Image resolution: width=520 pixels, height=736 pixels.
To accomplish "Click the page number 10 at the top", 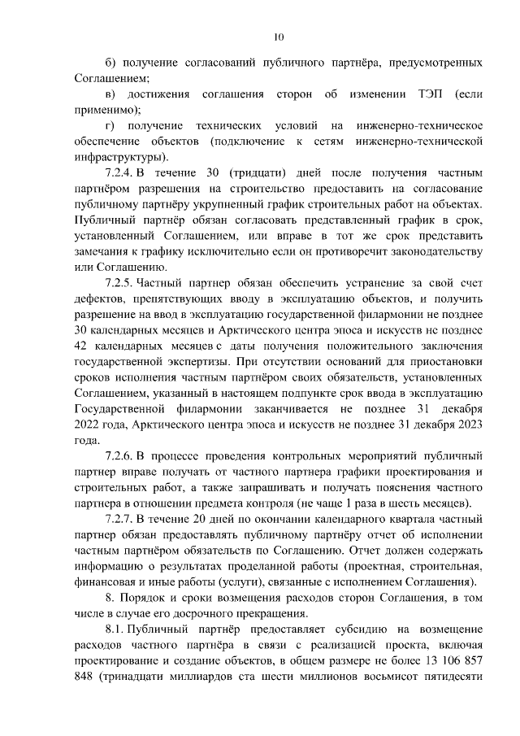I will (279, 36).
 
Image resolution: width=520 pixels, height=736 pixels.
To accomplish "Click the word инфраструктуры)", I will (121, 157).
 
